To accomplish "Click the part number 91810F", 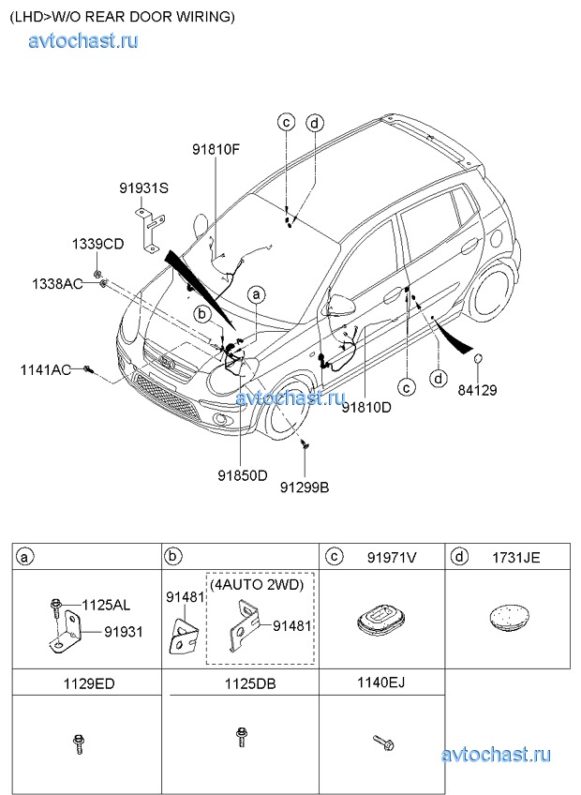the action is (x=216, y=150).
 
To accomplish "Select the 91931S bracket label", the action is (x=144, y=188).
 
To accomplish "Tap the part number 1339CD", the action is (x=97, y=244).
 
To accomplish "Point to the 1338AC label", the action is (x=57, y=283).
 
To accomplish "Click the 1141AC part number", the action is (x=46, y=369).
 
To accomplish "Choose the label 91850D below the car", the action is (x=243, y=475).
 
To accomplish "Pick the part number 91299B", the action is (x=305, y=487).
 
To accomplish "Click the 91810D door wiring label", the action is (x=366, y=407).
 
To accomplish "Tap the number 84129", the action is (x=478, y=390).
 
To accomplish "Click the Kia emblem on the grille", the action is (x=167, y=362).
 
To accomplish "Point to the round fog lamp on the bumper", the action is (x=221, y=418).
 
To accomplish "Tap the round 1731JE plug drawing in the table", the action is (x=509, y=616).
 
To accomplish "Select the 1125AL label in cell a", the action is (x=106, y=605).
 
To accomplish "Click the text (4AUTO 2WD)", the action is (x=257, y=585).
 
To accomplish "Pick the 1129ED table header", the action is (x=89, y=684).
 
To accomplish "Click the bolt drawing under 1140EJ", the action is (x=383, y=742).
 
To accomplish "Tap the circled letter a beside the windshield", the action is (x=256, y=294).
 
